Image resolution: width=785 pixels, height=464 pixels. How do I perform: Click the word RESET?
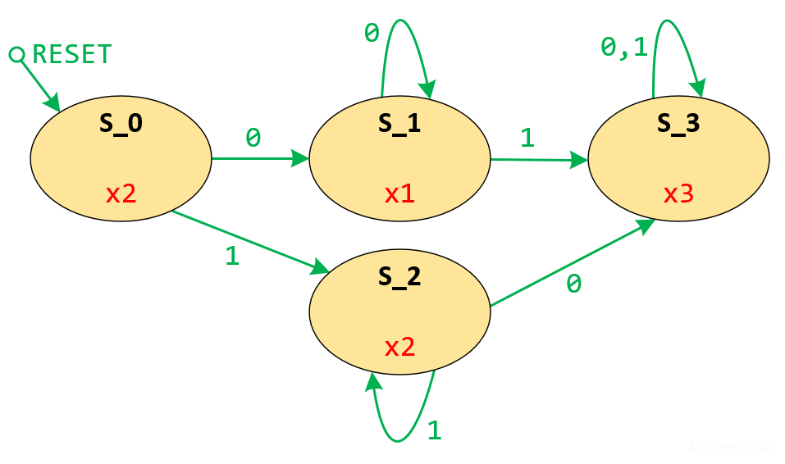pyautogui.click(x=71, y=55)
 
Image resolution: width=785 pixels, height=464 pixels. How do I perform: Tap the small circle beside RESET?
pyautogui.click(x=16, y=55)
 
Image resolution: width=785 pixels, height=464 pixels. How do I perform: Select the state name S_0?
pyautogui.click(x=121, y=123)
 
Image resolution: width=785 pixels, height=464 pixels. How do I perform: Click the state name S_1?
pyautogui.click(x=399, y=123)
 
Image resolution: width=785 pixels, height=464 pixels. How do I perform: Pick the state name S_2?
pyautogui.click(x=399, y=276)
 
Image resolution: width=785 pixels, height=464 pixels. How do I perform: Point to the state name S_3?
pyautogui.click(x=678, y=123)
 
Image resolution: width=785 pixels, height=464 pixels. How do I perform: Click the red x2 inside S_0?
pyautogui.click(x=121, y=194)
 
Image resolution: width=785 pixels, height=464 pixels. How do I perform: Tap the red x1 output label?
pyautogui.click(x=399, y=194)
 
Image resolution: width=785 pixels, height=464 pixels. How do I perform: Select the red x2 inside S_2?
pyautogui.click(x=399, y=347)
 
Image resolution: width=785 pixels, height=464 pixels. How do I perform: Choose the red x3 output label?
pyautogui.click(x=678, y=194)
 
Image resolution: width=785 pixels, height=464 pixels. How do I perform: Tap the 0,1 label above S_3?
pyautogui.click(x=624, y=48)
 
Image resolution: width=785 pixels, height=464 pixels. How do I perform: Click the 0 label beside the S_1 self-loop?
pyautogui.click(x=372, y=34)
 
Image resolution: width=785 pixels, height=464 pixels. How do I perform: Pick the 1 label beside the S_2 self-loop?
pyautogui.click(x=435, y=430)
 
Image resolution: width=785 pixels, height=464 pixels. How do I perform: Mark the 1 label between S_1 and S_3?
pyautogui.click(x=527, y=137)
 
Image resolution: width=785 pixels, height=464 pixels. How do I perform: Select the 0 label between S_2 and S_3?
pyautogui.click(x=574, y=284)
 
